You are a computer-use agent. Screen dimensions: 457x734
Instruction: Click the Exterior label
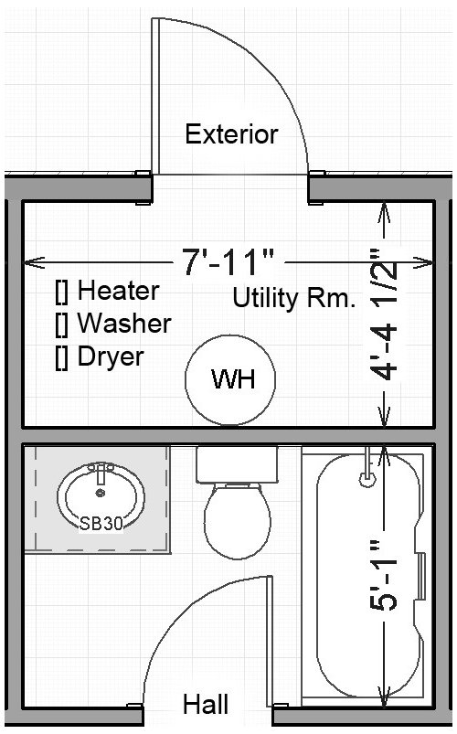pyautogui.click(x=231, y=134)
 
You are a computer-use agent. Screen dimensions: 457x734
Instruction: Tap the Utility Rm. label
pyautogui.click(x=293, y=298)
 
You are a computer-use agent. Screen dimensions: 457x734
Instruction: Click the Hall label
pyautogui.click(x=206, y=704)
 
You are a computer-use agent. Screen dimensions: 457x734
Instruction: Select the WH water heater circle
pyautogui.click(x=230, y=380)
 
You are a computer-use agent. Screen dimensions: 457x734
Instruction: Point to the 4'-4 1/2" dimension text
pyautogui.click(x=385, y=314)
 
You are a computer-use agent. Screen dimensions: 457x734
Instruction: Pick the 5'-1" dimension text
pyautogui.click(x=384, y=575)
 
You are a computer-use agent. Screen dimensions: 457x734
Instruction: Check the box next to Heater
pyautogui.click(x=62, y=292)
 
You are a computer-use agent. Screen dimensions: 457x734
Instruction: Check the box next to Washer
pyautogui.click(x=62, y=324)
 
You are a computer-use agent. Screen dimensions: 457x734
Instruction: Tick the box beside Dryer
pyautogui.click(x=62, y=358)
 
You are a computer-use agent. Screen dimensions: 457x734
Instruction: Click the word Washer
pyautogui.click(x=124, y=324)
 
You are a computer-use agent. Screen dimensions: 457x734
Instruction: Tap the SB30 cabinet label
pyautogui.click(x=101, y=523)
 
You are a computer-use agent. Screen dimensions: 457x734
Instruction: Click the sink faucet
pyautogui.click(x=101, y=473)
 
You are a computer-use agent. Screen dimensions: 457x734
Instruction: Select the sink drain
pyautogui.click(x=101, y=493)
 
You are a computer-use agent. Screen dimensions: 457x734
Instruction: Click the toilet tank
pyautogui.click(x=237, y=465)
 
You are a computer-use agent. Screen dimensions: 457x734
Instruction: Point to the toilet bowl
pyautogui.click(x=238, y=521)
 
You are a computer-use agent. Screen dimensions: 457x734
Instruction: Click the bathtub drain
pyautogui.click(x=367, y=478)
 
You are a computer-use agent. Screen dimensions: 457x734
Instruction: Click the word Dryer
pyautogui.click(x=111, y=357)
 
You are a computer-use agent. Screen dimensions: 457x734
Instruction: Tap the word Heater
pyautogui.click(x=119, y=291)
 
